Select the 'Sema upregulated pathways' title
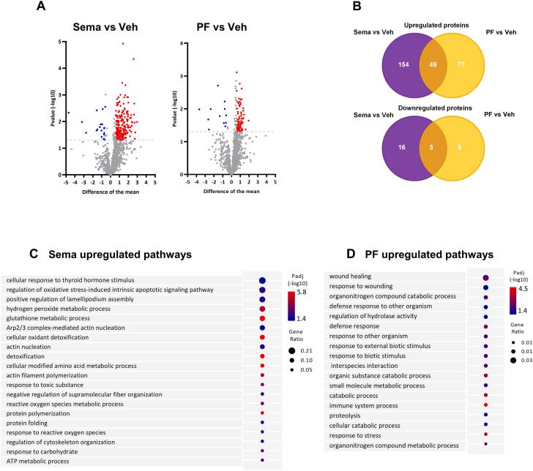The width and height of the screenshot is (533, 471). point(120,255)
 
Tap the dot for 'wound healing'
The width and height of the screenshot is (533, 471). point(485,277)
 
